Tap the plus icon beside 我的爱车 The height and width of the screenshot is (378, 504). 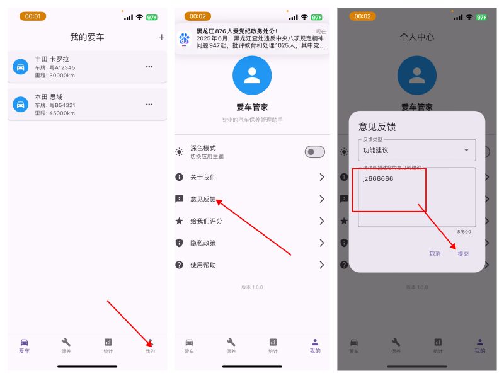pyautogui.click(x=162, y=37)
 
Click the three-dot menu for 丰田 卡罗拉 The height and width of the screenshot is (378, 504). pyautogui.click(x=149, y=67)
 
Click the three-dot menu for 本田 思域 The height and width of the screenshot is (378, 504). pyautogui.click(x=149, y=104)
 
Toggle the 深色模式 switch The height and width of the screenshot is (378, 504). pyautogui.click(x=314, y=152)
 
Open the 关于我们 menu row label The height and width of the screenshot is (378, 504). pyautogui.click(x=203, y=177)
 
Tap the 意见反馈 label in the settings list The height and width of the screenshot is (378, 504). pyautogui.click(x=203, y=199)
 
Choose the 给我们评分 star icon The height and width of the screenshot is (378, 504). pyautogui.click(x=180, y=221)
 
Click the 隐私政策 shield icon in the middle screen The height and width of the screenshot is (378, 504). pyautogui.click(x=180, y=243)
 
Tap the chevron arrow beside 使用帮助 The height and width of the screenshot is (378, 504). pyautogui.click(x=321, y=265)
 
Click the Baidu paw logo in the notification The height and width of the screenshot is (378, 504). pyautogui.click(x=185, y=39)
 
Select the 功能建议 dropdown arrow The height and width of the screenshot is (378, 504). pyautogui.click(x=466, y=151)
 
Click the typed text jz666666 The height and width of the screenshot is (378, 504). pyautogui.click(x=378, y=179)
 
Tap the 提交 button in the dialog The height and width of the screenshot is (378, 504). pyautogui.click(x=463, y=254)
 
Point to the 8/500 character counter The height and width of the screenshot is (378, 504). pyautogui.click(x=464, y=232)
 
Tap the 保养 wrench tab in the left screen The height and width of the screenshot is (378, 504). pyautogui.click(x=66, y=345)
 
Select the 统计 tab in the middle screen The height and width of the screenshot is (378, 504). pyautogui.click(x=273, y=345)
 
